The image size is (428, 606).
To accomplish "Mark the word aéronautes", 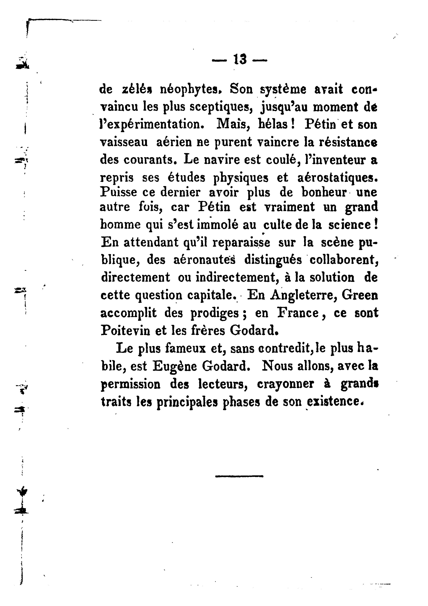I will [x=204, y=260].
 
